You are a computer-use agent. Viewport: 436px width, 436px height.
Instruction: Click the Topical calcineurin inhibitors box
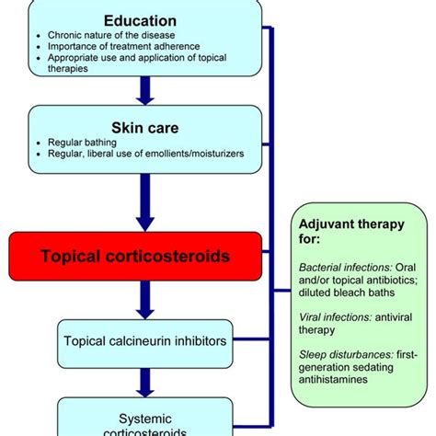point(144,341)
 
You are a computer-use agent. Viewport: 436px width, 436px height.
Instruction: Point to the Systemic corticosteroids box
point(144,419)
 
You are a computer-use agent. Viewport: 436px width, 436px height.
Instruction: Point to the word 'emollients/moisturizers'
point(196,154)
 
